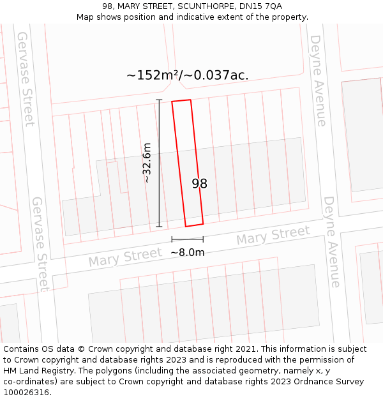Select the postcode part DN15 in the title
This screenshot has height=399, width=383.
(x=252, y=6)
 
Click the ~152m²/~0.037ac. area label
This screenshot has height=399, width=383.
(x=187, y=75)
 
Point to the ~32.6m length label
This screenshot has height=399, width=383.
(x=147, y=163)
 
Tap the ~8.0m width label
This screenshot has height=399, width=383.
(x=187, y=252)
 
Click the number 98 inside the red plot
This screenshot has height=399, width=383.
(x=199, y=184)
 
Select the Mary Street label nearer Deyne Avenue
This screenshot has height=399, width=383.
(x=273, y=235)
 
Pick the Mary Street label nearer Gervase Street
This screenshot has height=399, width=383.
(x=125, y=257)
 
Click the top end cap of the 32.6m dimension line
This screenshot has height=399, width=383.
(x=159, y=100)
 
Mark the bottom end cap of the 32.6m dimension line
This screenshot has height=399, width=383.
(x=159, y=226)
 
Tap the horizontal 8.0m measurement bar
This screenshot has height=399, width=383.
(x=187, y=239)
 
